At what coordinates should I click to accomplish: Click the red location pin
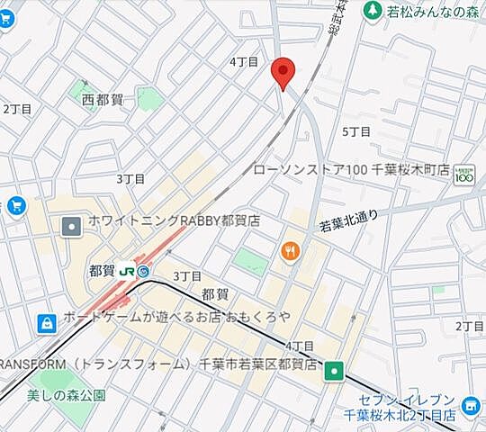pyautogui.click(x=283, y=72)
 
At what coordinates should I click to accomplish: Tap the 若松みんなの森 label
pyautogui.click(x=428, y=11)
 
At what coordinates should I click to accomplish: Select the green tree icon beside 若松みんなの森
pyautogui.click(x=371, y=11)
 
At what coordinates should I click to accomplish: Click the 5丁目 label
pyautogui.click(x=356, y=131)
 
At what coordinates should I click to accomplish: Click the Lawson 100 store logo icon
pyautogui.click(x=463, y=173)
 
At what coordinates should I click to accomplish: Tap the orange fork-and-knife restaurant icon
pyautogui.click(x=289, y=251)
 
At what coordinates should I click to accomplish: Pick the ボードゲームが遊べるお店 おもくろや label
pyautogui.click(x=176, y=318)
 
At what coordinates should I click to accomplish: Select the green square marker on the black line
pyautogui.click(x=335, y=369)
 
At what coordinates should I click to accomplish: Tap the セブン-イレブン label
pyautogui.click(x=419, y=400)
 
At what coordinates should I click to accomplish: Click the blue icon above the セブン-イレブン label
pyautogui.click(x=469, y=408)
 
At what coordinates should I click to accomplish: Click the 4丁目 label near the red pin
pyautogui.click(x=244, y=62)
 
